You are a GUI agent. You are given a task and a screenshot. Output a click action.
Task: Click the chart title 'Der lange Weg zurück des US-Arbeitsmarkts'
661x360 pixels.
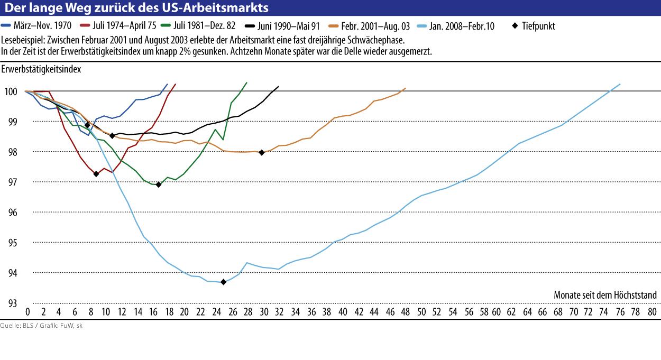point(136,7)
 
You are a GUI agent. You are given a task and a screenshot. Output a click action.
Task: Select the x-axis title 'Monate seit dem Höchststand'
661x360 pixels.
point(605,295)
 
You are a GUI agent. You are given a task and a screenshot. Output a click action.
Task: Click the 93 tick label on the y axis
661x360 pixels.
point(12,303)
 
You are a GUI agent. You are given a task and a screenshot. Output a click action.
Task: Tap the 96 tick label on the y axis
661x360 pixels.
point(12,213)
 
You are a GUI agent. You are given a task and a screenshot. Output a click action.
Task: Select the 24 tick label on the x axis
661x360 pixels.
point(216,312)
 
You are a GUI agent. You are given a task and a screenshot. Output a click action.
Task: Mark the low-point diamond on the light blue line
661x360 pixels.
point(223,282)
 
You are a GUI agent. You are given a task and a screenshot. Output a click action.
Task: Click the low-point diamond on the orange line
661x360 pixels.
point(262,152)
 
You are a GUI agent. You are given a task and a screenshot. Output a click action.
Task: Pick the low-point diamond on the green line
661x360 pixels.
point(159,184)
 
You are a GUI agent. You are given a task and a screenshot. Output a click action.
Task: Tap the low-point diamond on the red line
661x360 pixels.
point(96,174)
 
